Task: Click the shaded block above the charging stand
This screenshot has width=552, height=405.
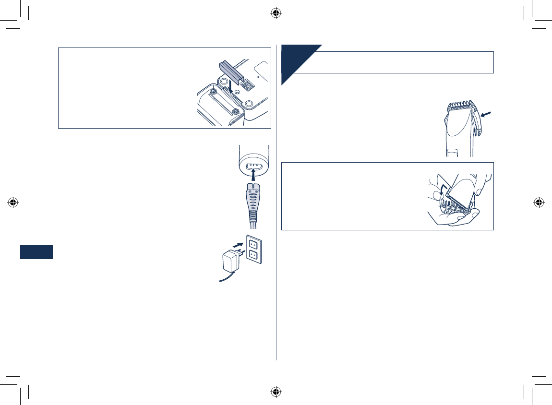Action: (230, 70)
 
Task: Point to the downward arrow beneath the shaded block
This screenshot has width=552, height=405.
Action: (231, 86)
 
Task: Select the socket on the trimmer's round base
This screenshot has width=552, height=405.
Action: (253, 167)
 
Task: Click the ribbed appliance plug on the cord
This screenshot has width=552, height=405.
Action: (253, 202)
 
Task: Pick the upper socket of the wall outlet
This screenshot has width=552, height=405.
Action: (253, 243)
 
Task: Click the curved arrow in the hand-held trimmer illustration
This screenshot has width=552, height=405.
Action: (442, 191)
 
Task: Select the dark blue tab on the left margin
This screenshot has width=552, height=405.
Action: (36, 252)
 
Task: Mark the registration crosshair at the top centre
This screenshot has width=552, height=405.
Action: (276, 13)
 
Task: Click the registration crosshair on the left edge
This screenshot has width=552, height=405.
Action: (13, 202)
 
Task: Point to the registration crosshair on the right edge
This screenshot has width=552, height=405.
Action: (539, 202)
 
